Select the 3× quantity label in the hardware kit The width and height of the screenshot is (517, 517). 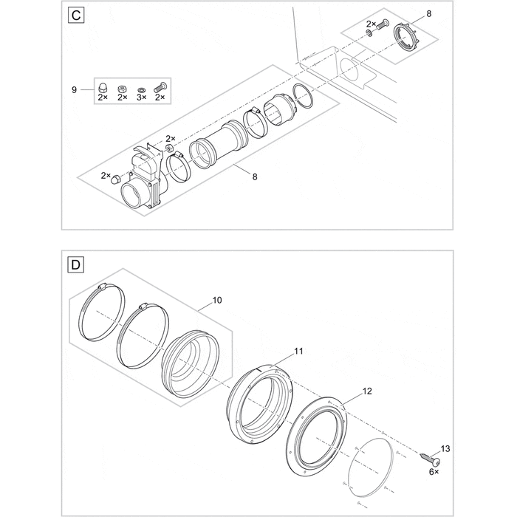coord(141,97)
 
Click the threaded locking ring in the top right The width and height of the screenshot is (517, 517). coord(404,37)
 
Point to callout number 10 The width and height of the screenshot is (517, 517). coord(216,301)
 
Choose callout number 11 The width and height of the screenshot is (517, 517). coord(298,352)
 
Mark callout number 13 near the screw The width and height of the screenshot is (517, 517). coord(444,448)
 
